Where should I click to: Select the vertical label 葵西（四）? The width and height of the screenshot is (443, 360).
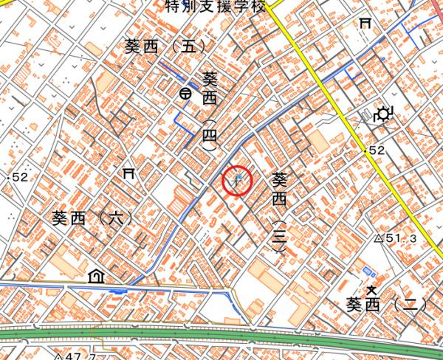click(x=210, y=111)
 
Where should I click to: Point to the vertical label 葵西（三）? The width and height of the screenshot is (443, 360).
click(x=279, y=213)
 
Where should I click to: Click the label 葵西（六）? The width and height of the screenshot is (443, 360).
click(x=92, y=219)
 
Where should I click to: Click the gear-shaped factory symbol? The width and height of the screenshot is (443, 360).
click(x=383, y=114)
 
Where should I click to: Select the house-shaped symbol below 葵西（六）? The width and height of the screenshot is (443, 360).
click(x=95, y=277)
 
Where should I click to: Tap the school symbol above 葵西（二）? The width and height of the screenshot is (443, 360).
click(x=372, y=288)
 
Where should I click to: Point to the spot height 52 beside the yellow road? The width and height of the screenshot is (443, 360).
click(x=376, y=150)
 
